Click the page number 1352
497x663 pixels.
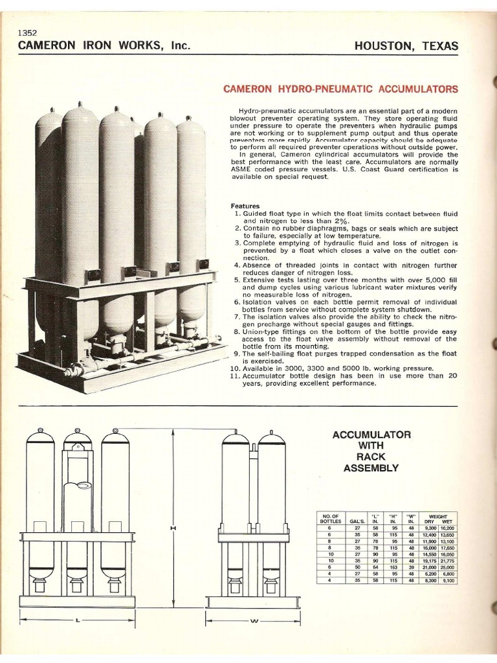[x=28, y=33]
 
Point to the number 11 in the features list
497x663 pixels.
[x=235, y=375]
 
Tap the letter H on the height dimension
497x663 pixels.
[x=173, y=528]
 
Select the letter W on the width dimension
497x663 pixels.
[x=254, y=622]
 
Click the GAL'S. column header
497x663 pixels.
[x=357, y=521]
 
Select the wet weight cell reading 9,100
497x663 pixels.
[x=447, y=581]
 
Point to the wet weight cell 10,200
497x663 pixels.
[x=447, y=528]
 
